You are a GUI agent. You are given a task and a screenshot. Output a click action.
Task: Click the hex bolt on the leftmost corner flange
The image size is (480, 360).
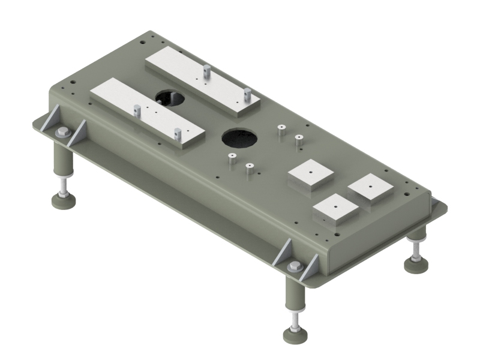tap(62, 133)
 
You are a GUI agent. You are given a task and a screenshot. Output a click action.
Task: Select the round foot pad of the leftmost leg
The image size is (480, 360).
tap(63, 202)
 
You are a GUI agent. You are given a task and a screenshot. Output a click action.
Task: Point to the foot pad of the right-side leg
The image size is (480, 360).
tap(415, 265)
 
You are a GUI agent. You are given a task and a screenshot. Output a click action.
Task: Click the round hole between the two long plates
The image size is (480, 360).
tap(170, 97)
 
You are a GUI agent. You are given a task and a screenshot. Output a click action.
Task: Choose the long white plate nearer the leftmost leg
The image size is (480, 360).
tap(148, 112)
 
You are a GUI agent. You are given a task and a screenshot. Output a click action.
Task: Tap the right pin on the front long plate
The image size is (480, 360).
tap(177, 136)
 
